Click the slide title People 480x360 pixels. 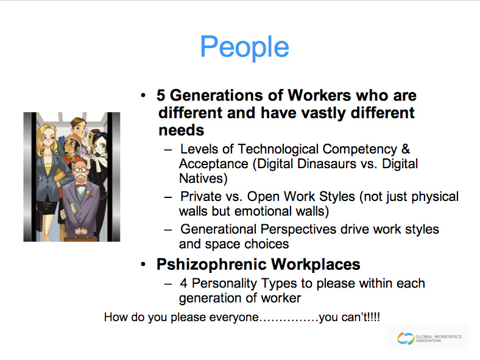[245, 47]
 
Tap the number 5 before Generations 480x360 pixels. [161, 95]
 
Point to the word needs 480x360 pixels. [182, 130]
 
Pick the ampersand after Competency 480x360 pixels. [405, 149]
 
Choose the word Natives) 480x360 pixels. [203, 178]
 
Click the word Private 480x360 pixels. [201, 197]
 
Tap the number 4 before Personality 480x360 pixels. [184, 283]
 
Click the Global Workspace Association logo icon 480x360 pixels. [405, 339]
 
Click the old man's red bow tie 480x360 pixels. [81, 186]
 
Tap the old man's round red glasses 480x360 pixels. [80, 169]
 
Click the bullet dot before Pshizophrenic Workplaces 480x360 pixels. [143, 264]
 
